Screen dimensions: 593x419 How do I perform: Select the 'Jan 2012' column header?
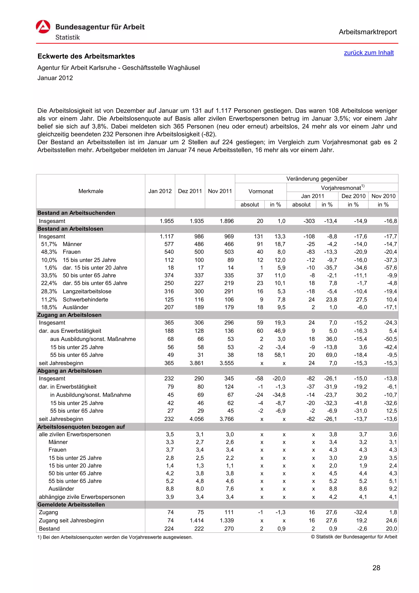[x=160, y=191]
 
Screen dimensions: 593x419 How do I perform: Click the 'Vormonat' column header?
[x=260, y=191]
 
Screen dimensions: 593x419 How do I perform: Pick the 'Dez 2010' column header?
[x=353, y=196]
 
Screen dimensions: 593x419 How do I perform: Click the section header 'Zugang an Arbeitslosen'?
[x=69, y=315]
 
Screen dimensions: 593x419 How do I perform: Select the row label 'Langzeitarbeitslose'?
[x=87, y=291]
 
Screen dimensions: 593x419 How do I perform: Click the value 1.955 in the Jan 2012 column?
[x=167, y=221]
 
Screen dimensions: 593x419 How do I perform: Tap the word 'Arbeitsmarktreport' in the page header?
[x=368, y=32]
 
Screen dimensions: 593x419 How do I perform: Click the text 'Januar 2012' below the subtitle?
[x=55, y=78]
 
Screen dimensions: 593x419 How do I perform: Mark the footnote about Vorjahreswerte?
[x=115, y=537]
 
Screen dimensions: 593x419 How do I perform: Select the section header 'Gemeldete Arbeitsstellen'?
[x=71, y=504]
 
